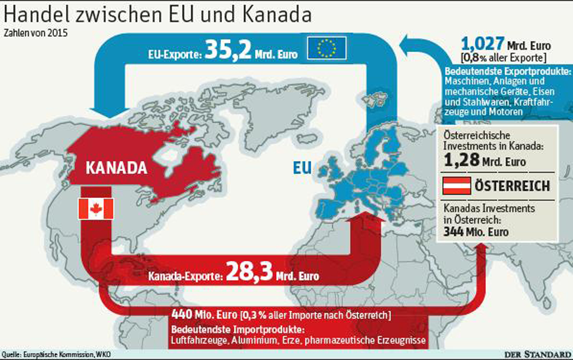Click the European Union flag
click(x=327, y=48)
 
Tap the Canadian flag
click(x=95, y=209)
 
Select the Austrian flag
click(x=456, y=185)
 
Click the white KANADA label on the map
click(x=116, y=168)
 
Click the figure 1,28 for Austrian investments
click(x=461, y=161)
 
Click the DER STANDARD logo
click(x=539, y=354)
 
